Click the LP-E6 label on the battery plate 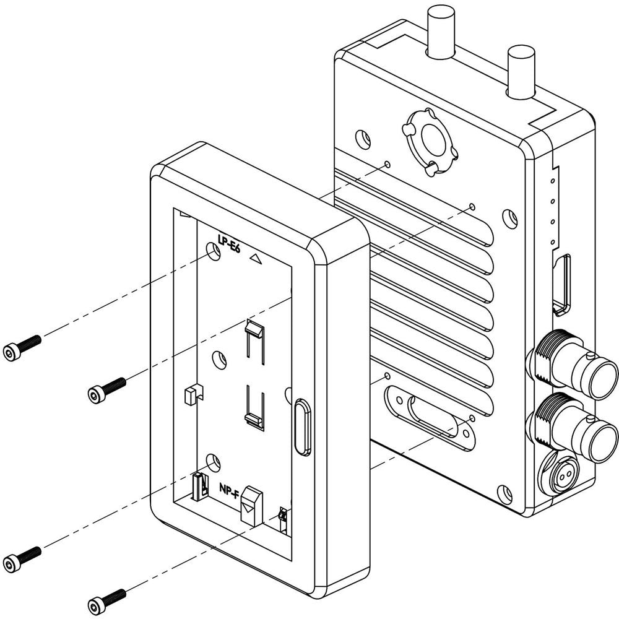[x=230, y=241]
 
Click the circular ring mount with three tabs [x=430, y=142]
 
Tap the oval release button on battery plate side [x=303, y=428]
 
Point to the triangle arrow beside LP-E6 [x=256, y=259]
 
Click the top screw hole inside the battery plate [x=214, y=251]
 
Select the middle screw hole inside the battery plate [x=219, y=359]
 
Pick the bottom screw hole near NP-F [x=213, y=462]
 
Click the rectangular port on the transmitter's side [x=562, y=285]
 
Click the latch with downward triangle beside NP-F [x=252, y=506]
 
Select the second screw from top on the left [x=106, y=390]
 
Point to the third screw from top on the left [x=22, y=558]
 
